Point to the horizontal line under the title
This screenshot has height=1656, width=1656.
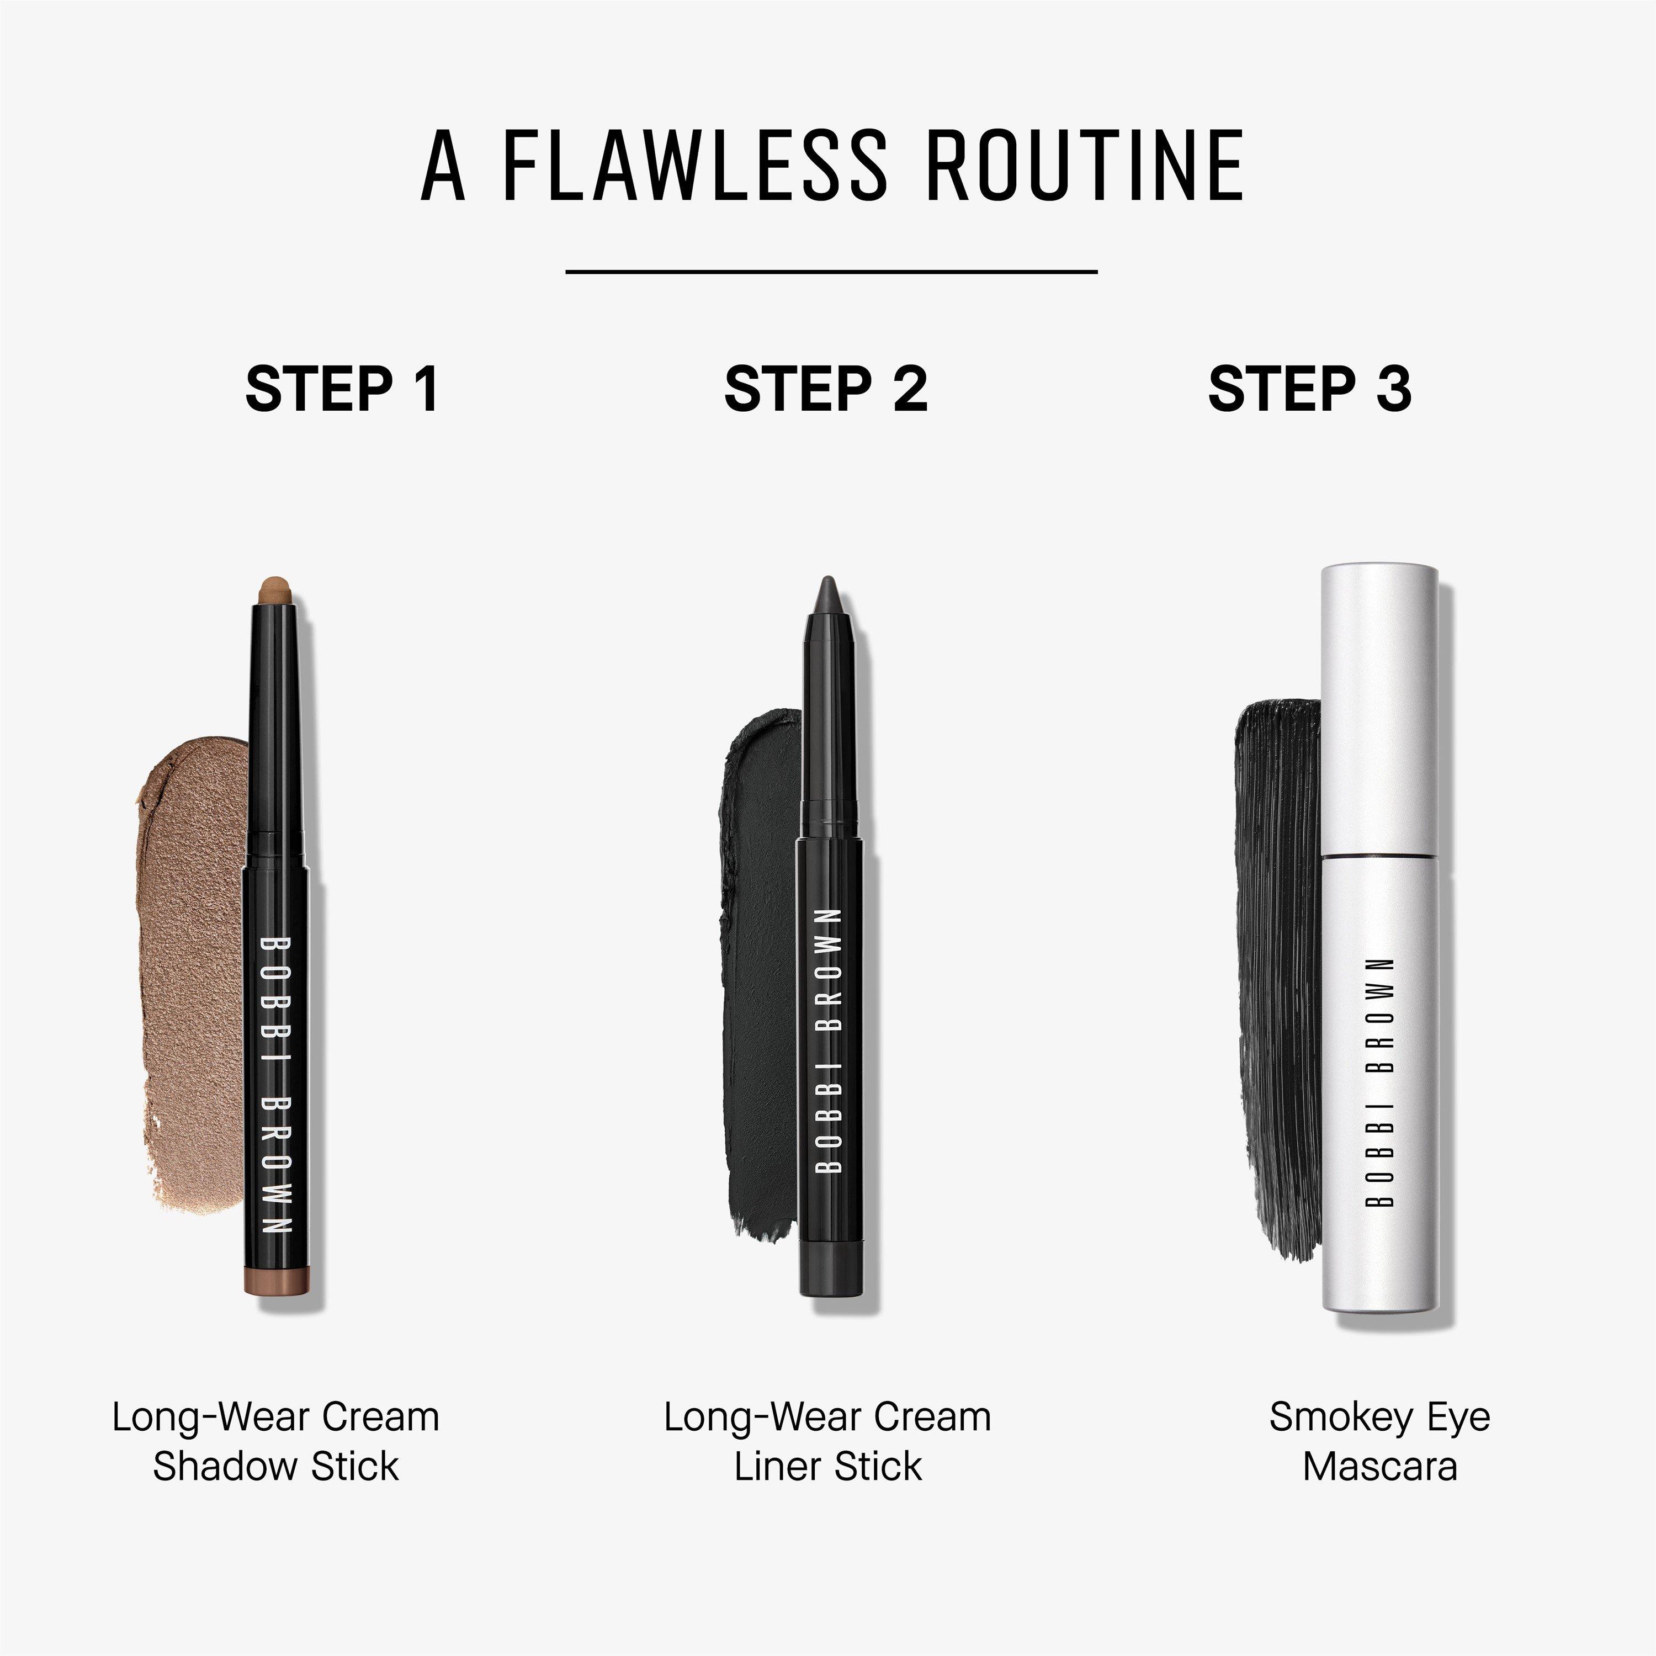click(x=831, y=272)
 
